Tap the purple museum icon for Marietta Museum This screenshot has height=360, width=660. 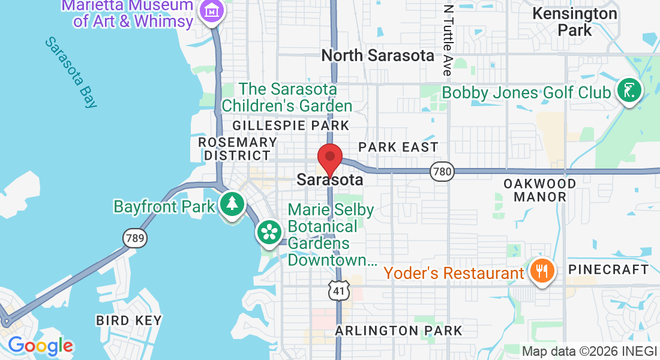[212, 11]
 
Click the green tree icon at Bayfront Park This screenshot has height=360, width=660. [231, 204]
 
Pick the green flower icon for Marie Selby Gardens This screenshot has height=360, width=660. [271, 232]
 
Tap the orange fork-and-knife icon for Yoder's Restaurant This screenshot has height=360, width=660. [542, 271]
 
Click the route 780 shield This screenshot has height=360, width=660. [442, 172]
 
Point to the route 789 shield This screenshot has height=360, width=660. [134, 238]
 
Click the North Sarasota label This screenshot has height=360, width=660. [377, 56]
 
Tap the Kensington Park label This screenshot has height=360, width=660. [574, 21]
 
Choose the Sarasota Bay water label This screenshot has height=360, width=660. [71, 72]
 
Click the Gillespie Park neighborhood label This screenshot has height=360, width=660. [290, 125]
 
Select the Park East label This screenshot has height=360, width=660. [398, 147]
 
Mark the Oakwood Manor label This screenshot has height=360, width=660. [539, 190]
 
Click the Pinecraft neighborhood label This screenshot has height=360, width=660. [608, 269]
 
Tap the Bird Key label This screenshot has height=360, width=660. [129, 320]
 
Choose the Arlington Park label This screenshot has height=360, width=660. [398, 331]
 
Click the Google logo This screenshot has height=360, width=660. [40, 346]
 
